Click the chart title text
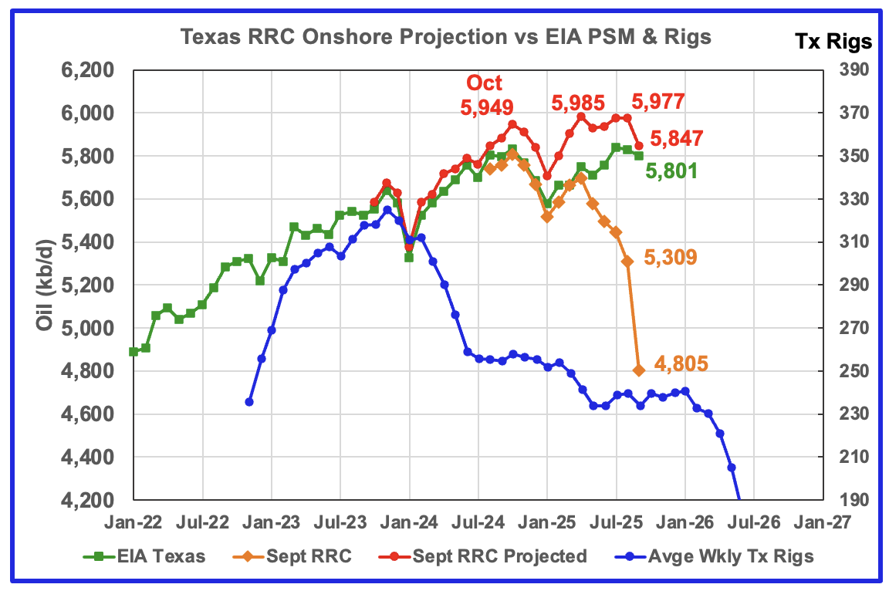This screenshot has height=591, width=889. tap(446, 36)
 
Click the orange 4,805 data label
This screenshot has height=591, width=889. tap(681, 363)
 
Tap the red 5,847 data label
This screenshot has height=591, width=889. tap(677, 139)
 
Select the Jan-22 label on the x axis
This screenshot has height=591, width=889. tap(134, 522)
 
